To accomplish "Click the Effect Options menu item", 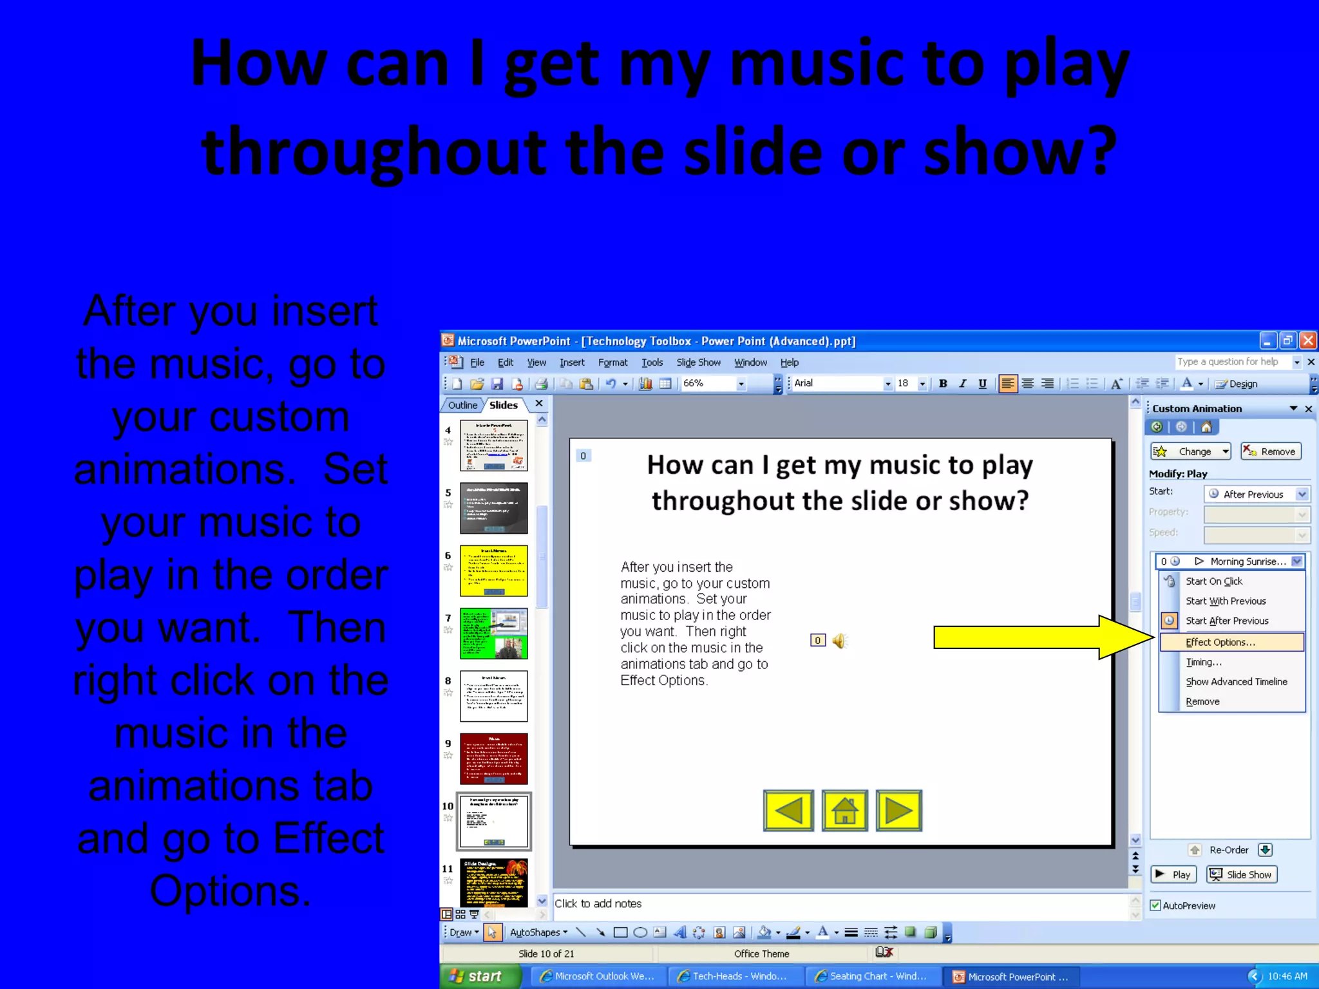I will coord(1220,642).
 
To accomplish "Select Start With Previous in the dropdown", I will coord(1226,601).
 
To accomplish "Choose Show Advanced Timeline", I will coord(1236,681).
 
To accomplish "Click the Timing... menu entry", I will coord(1203,662).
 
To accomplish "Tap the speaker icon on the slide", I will coord(839,641).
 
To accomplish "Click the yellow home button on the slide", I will coord(844,811).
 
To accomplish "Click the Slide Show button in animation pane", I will coord(1242,874).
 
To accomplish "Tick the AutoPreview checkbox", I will coord(1156,905).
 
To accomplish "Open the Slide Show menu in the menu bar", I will coord(698,363).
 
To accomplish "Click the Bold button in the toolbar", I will coord(943,384).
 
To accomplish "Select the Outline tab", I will coord(462,405).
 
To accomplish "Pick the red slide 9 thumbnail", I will coord(493,758).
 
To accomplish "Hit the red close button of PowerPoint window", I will coord(1308,341).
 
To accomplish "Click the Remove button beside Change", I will coord(1271,451).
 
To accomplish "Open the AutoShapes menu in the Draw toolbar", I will coord(538,932).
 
